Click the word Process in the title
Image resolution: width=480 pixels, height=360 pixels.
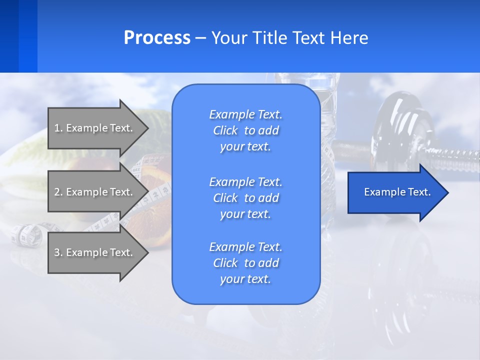tap(157, 38)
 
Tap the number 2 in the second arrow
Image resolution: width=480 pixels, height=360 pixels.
tap(57, 192)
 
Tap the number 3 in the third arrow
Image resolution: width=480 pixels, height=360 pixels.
tap(57, 252)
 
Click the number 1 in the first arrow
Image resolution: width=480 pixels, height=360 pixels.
tap(57, 128)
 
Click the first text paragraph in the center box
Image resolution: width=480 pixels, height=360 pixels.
tap(245, 130)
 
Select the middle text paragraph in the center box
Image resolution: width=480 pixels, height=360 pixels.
tap(245, 198)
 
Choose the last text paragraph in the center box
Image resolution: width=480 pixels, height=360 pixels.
tap(245, 263)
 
